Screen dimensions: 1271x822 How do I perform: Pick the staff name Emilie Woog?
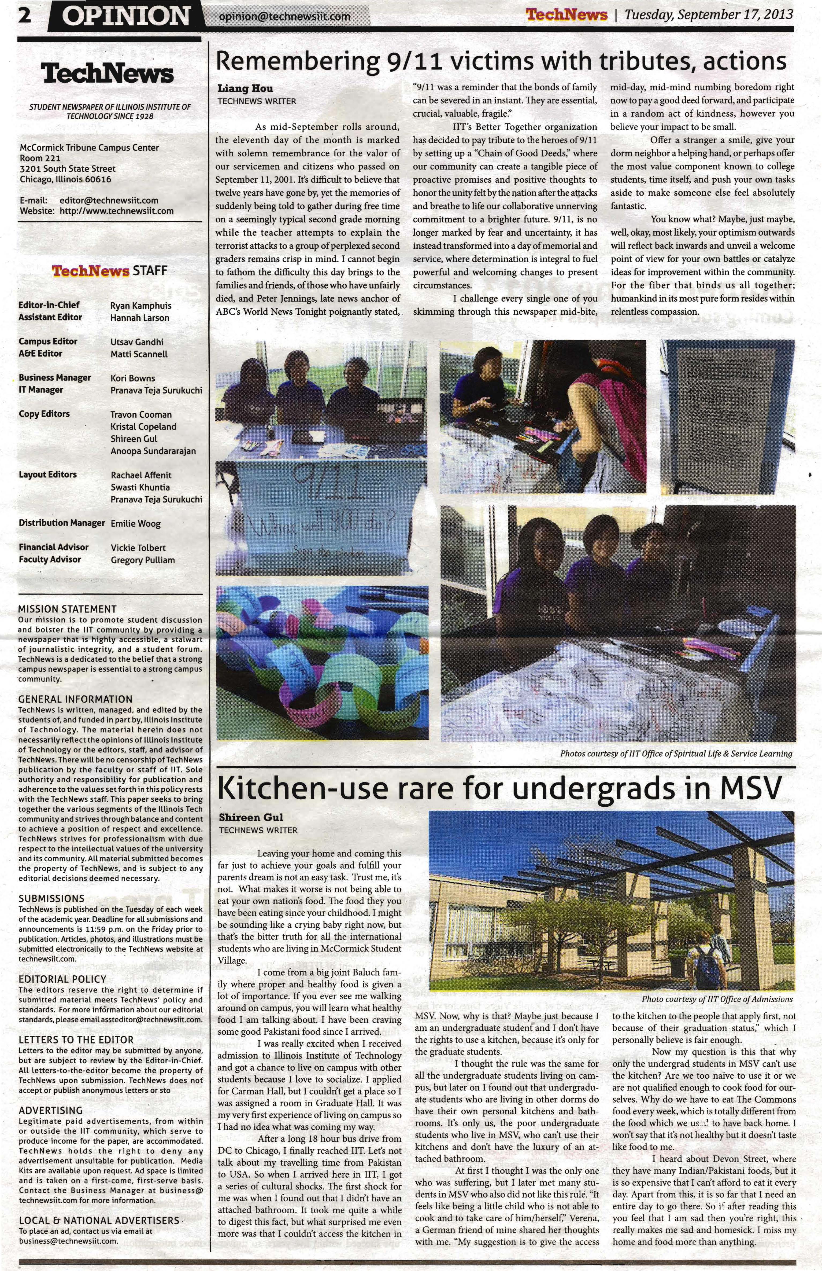click(x=136, y=523)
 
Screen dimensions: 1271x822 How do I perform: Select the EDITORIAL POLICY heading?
click(x=62, y=979)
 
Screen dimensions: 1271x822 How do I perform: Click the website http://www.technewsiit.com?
click(x=116, y=211)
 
